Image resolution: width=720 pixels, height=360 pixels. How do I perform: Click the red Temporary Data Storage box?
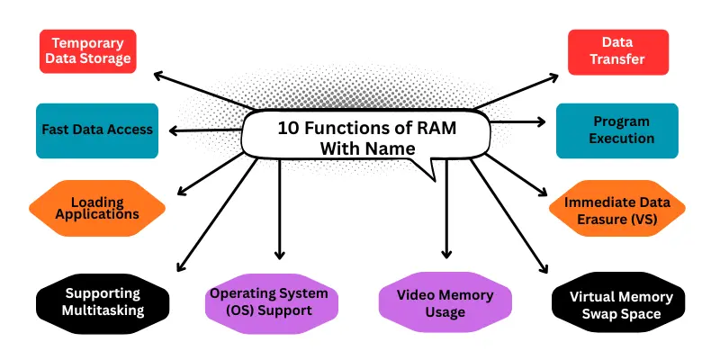coord(88,51)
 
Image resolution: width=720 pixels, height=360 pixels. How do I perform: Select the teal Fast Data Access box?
coord(97,130)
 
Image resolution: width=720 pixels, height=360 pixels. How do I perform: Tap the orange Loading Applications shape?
coord(97,208)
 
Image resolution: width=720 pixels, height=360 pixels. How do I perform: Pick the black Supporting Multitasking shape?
coord(103,302)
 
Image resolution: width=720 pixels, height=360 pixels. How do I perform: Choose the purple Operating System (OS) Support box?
coord(269,302)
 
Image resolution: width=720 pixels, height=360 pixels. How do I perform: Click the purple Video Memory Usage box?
coord(445,302)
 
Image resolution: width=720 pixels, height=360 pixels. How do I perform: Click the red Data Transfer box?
coord(618,52)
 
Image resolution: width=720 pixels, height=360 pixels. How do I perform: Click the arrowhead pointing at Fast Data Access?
coord(173,131)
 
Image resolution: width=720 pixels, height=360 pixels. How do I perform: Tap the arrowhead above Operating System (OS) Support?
coord(280,255)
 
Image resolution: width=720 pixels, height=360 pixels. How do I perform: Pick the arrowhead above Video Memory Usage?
coord(445,255)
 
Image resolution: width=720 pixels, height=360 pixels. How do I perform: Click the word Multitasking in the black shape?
coord(103,311)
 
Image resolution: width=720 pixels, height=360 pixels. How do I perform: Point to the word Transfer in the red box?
coord(618,61)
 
